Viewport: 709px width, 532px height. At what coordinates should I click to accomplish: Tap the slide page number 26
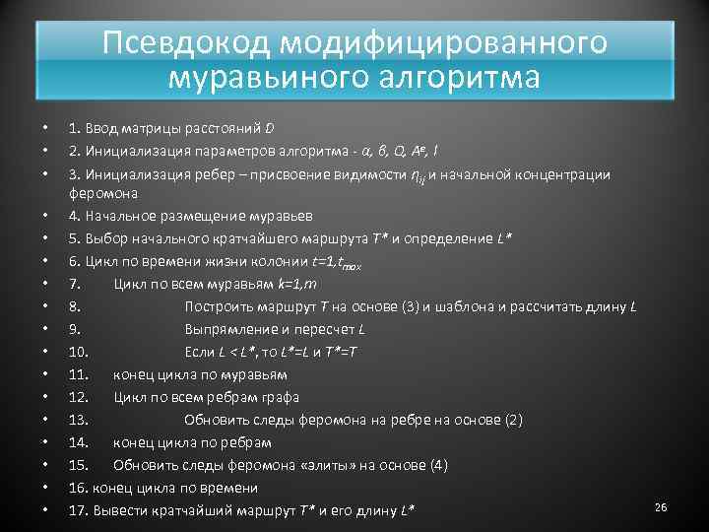click(661, 506)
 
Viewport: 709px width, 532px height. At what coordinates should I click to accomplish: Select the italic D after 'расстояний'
click(270, 128)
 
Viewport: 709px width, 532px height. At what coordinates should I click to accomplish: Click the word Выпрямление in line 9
click(231, 329)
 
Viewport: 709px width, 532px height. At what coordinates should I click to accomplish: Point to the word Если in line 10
click(200, 352)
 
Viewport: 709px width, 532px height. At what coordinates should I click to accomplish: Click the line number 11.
click(79, 374)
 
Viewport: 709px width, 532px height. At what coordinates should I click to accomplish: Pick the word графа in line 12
click(279, 397)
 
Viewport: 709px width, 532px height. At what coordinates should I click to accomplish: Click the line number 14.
click(79, 442)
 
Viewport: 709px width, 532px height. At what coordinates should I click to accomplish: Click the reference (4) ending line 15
click(438, 465)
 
